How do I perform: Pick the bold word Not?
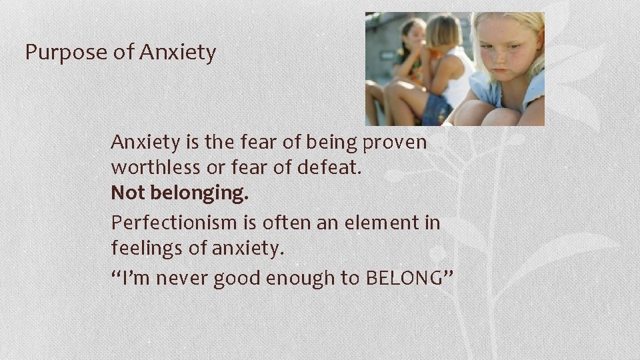(128, 193)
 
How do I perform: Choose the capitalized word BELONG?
(404, 278)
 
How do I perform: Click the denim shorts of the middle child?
(437, 110)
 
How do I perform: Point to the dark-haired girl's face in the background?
(415, 37)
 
